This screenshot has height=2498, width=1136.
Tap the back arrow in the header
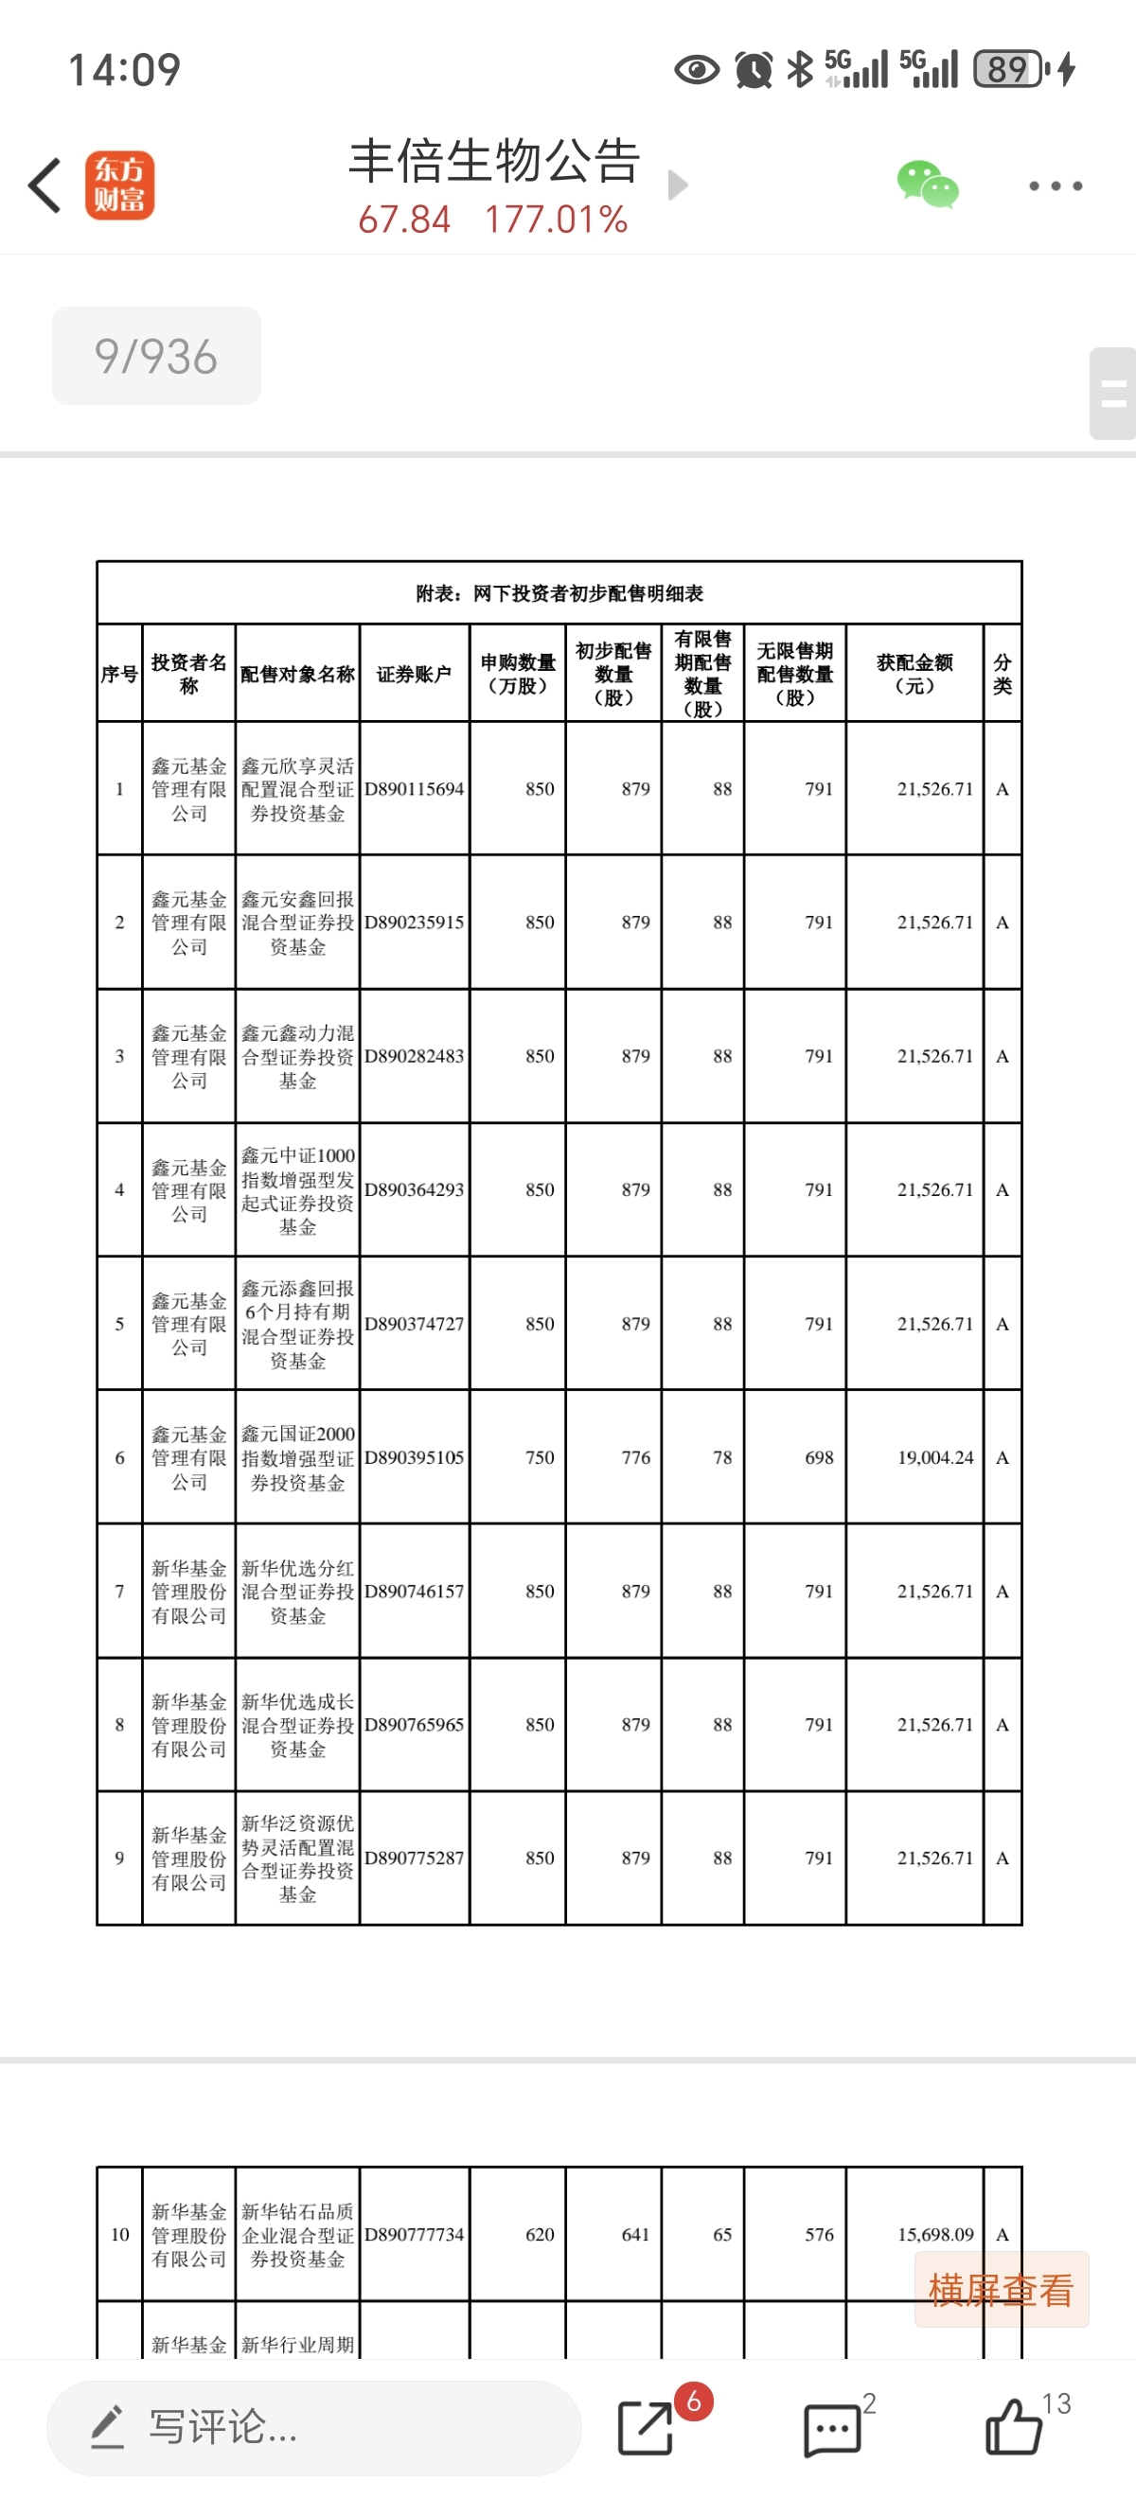click(44, 185)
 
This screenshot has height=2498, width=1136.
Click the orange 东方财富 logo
click(119, 185)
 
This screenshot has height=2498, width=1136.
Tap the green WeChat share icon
click(927, 185)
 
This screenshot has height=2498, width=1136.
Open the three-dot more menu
click(1056, 185)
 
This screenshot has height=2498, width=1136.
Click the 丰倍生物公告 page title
click(495, 161)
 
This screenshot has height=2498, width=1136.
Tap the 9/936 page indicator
click(156, 356)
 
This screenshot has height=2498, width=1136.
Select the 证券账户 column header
click(415, 674)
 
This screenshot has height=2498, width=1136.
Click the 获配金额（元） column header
click(914, 674)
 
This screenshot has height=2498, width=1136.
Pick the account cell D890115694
click(415, 789)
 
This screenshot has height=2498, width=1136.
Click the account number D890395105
click(415, 1457)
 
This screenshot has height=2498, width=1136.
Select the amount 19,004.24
click(934, 1457)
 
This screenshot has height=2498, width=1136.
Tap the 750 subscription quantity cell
click(540, 1457)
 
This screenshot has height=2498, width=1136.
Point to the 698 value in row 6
click(819, 1457)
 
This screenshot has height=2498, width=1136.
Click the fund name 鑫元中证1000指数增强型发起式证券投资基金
click(298, 1191)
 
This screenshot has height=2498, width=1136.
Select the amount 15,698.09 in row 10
click(934, 2234)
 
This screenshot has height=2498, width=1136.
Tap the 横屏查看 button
click(1001, 2290)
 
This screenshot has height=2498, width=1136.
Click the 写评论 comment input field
click(313, 2427)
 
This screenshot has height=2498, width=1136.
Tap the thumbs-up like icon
click(1014, 2427)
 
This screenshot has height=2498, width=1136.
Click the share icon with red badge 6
click(646, 2427)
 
